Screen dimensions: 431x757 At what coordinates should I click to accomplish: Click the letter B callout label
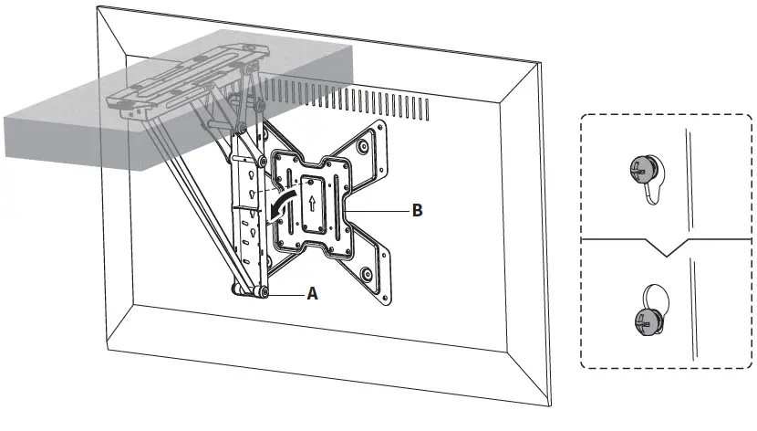point(417,210)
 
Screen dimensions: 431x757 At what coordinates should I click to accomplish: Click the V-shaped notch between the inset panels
point(670,247)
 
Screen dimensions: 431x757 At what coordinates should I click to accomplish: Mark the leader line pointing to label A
point(287,294)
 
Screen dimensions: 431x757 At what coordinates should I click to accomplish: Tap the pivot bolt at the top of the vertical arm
point(243,124)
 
